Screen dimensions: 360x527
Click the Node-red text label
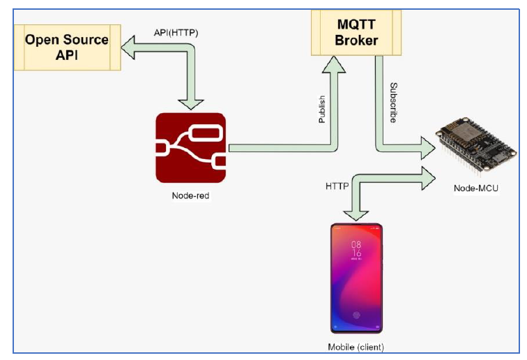click(190, 196)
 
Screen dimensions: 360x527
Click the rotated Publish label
click(321, 110)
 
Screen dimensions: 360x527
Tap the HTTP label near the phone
click(337, 186)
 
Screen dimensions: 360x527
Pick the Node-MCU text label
click(475, 189)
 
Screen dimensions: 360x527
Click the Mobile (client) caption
click(356, 347)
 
